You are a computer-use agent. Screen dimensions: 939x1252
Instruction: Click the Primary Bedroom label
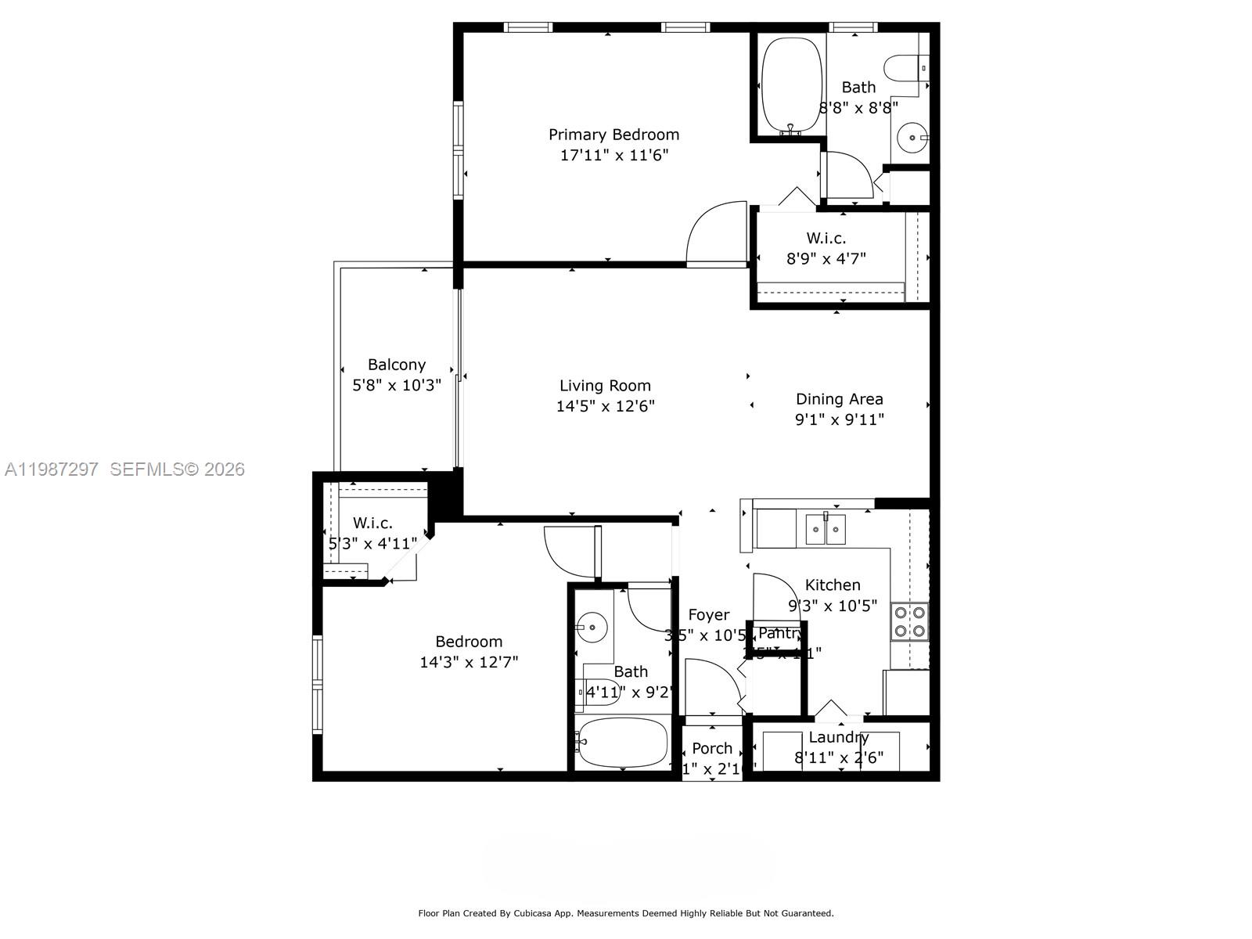click(613, 135)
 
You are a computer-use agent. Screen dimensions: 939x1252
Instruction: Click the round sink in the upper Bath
click(911, 139)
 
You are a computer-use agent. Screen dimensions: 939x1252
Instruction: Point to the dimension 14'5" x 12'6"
click(605, 406)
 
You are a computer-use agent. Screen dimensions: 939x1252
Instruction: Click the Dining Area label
click(839, 399)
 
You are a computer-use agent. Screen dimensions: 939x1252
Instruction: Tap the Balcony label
click(397, 365)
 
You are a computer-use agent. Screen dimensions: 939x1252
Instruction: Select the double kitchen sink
click(826, 530)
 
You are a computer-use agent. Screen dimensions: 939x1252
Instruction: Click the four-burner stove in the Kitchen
click(910, 621)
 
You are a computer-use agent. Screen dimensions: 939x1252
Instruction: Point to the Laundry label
click(838, 737)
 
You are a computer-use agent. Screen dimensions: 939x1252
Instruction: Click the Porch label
click(712, 749)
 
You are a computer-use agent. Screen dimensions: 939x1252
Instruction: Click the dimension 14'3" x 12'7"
click(469, 662)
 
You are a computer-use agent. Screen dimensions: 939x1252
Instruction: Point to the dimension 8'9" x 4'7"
click(826, 257)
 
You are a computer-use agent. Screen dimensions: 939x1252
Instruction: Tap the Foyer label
click(708, 615)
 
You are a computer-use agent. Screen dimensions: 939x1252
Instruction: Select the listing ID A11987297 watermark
click(52, 469)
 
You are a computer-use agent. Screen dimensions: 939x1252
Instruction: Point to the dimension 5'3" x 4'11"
click(372, 543)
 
